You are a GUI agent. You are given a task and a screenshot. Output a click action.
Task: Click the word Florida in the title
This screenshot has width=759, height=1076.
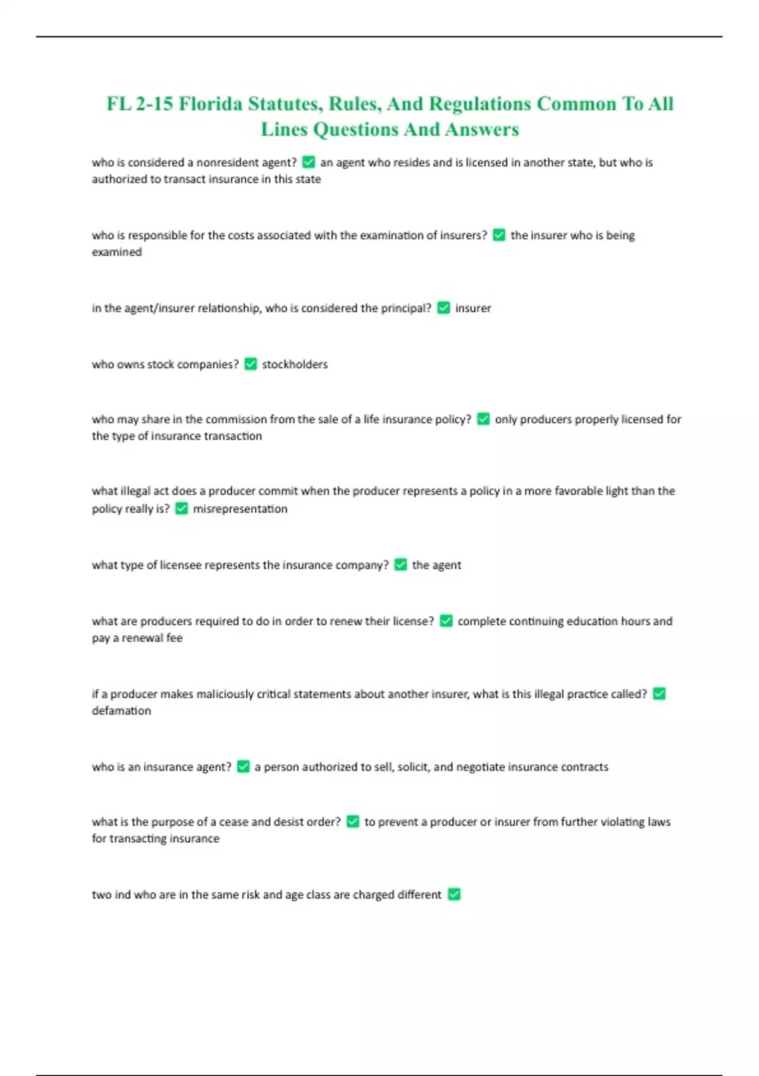point(209,104)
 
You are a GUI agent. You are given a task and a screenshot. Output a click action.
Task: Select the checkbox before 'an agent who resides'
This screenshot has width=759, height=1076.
point(309,162)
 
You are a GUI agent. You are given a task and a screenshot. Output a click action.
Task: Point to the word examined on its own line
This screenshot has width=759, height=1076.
point(116,252)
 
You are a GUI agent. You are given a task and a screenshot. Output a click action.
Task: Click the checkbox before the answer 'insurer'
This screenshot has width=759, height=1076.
point(443,308)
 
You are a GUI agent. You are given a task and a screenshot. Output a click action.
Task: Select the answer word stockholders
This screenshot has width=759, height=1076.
point(295,365)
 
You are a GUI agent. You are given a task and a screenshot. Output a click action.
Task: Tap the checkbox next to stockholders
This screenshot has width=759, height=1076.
point(250,364)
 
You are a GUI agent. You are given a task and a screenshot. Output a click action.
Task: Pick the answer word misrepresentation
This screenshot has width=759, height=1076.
point(240,509)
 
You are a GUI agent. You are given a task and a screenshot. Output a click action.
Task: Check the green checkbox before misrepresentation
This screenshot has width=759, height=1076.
point(182,508)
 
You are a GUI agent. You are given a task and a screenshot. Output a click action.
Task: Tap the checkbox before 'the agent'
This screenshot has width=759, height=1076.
point(400,565)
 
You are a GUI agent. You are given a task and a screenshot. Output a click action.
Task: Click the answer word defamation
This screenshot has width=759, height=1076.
point(121,711)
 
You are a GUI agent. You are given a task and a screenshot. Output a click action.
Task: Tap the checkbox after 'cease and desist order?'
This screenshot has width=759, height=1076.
point(353,822)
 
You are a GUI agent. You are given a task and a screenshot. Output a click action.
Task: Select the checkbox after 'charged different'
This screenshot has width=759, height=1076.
point(454,894)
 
